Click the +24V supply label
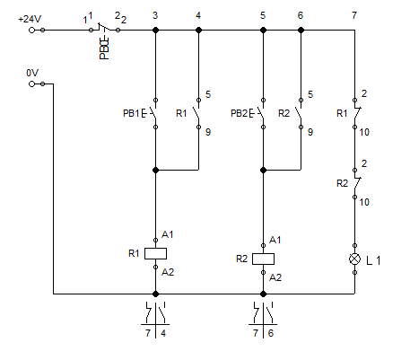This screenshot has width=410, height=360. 30,20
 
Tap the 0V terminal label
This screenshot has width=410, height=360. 32,73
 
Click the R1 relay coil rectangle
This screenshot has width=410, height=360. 155,253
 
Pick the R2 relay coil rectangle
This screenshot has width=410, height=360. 263,259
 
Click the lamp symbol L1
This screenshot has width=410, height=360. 354,259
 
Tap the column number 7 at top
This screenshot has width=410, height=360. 354,15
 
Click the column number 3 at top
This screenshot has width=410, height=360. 155,15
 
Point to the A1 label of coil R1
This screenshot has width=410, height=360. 167,234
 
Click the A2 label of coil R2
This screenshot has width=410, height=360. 275,277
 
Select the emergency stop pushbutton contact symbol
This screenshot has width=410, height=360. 104,30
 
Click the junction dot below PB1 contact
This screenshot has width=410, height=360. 155,170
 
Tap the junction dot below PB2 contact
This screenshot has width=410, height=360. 263,170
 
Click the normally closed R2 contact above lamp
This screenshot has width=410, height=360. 356,183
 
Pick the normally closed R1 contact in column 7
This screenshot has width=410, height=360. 356,113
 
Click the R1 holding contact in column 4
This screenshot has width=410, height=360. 197,113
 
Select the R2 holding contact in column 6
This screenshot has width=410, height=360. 300,113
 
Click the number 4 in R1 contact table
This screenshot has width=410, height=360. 163,333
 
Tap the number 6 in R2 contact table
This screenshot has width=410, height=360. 271,333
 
